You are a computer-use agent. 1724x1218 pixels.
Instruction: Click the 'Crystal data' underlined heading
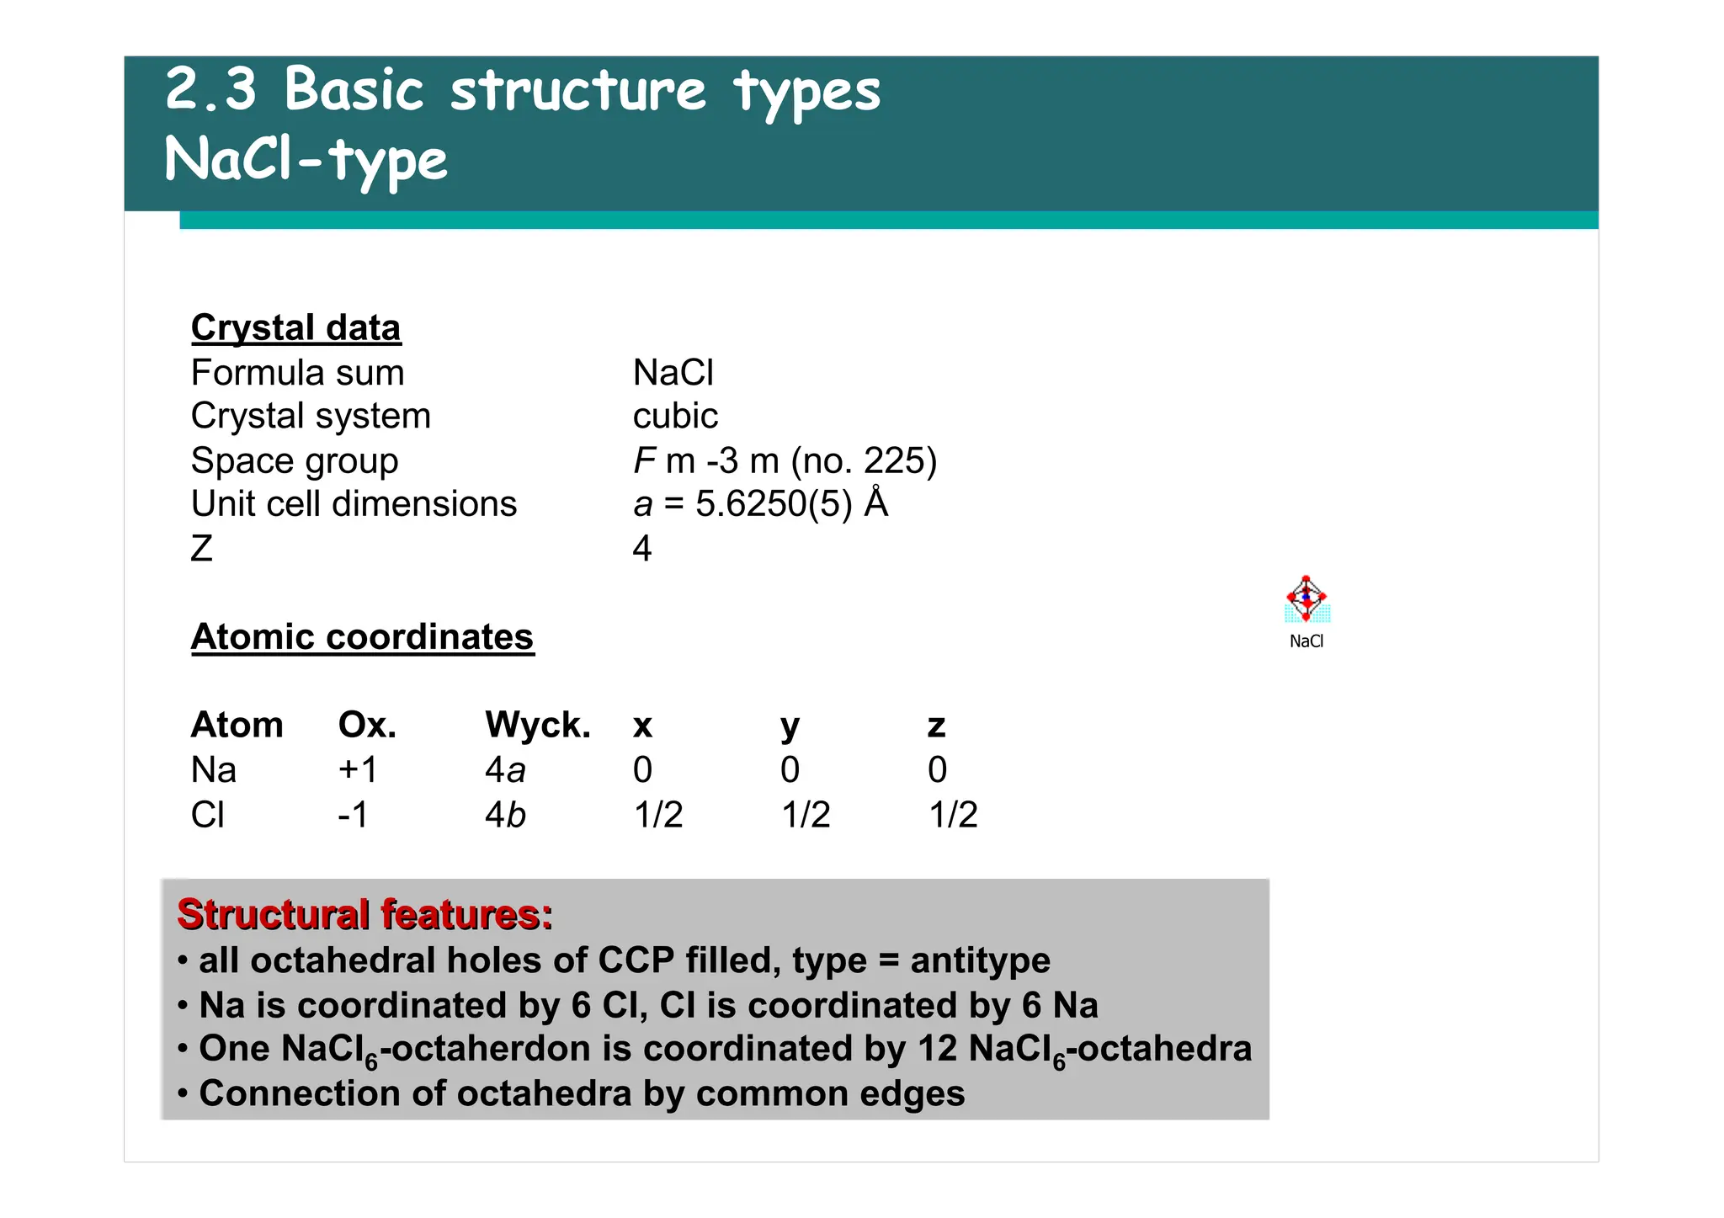[295, 328]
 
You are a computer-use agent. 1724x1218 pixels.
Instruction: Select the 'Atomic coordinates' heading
[362, 637]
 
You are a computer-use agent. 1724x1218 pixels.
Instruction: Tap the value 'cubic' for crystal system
[675, 417]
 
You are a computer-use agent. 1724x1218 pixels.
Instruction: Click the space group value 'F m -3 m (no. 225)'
[785, 461]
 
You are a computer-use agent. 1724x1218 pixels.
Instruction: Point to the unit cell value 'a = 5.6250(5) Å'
[760, 505]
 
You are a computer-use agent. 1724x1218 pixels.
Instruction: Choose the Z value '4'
[642, 550]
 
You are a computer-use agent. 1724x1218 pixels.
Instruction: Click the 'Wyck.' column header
[538, 726]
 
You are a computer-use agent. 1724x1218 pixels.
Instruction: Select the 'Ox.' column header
[367, 726]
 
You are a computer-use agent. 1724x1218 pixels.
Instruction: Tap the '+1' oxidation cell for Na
[358, 770]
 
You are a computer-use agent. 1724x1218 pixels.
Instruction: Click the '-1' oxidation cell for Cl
[353, 815]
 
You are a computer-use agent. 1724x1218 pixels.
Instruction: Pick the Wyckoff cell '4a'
[505, 770]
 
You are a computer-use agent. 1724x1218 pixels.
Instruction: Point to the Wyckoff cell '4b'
[505, 815]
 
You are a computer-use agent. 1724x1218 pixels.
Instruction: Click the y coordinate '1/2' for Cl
[806, 815]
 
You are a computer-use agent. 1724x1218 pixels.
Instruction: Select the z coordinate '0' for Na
[937, 770]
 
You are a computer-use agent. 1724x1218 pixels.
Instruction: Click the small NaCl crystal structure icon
[1306, 600]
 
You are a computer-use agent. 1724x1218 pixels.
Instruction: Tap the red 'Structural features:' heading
[364, 914]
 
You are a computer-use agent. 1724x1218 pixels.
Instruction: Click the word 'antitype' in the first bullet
[980, 960]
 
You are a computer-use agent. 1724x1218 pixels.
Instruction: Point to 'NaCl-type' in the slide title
[306, 160]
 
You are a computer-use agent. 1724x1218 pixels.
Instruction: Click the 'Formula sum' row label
[297, 373]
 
